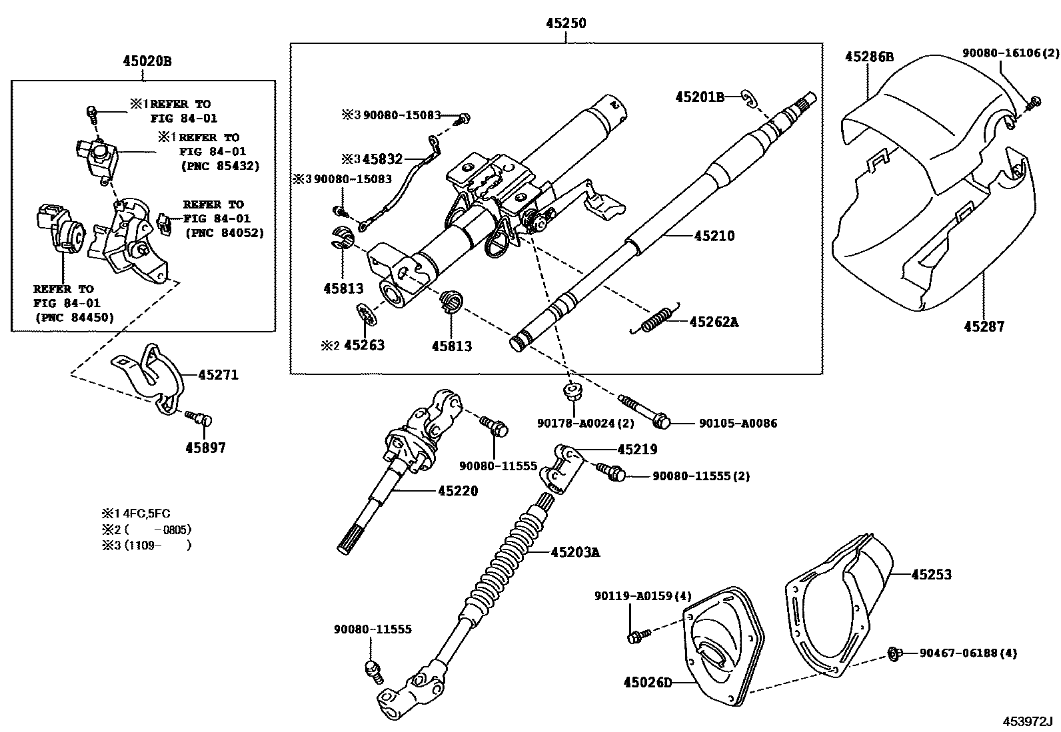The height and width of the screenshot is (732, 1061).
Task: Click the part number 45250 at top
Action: pyautogui.click(x=566, y=23)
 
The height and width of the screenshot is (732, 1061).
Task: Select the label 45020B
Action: pyautogui.click(x=147, y=61)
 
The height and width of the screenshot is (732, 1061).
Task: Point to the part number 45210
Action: pyautogui.click(x=714, y=236)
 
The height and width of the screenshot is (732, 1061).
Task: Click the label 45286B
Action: pyautogui.click(x=869, y=57)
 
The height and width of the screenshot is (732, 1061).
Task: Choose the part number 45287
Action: pyautogui.click(x=983, y=326)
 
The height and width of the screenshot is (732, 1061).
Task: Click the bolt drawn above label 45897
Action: pyautogui.click(x=200, y=418)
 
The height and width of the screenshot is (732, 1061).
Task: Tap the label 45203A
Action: pyautogui.click(x=575, y=551)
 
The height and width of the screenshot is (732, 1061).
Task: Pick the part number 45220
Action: pyautogui.click(x=458, y=491)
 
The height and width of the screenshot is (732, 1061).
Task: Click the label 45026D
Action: pyautogui.click(x=648, y=682)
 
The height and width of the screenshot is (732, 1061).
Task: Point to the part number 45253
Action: pyautogui.click(x=931, y=574)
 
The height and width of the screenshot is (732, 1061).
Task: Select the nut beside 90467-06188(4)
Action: pyautogui.click(x=893, y=653)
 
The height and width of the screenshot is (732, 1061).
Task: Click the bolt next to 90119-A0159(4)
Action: pyautogui.click(x=634, y=637)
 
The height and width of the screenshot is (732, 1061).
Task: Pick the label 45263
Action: pyautogui.click(x=364, y=346)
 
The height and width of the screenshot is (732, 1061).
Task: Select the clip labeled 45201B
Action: pyautogui.click(x=749, y=99)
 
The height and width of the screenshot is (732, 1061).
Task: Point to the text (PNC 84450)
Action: pyautogui.click(x=74, y=317)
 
